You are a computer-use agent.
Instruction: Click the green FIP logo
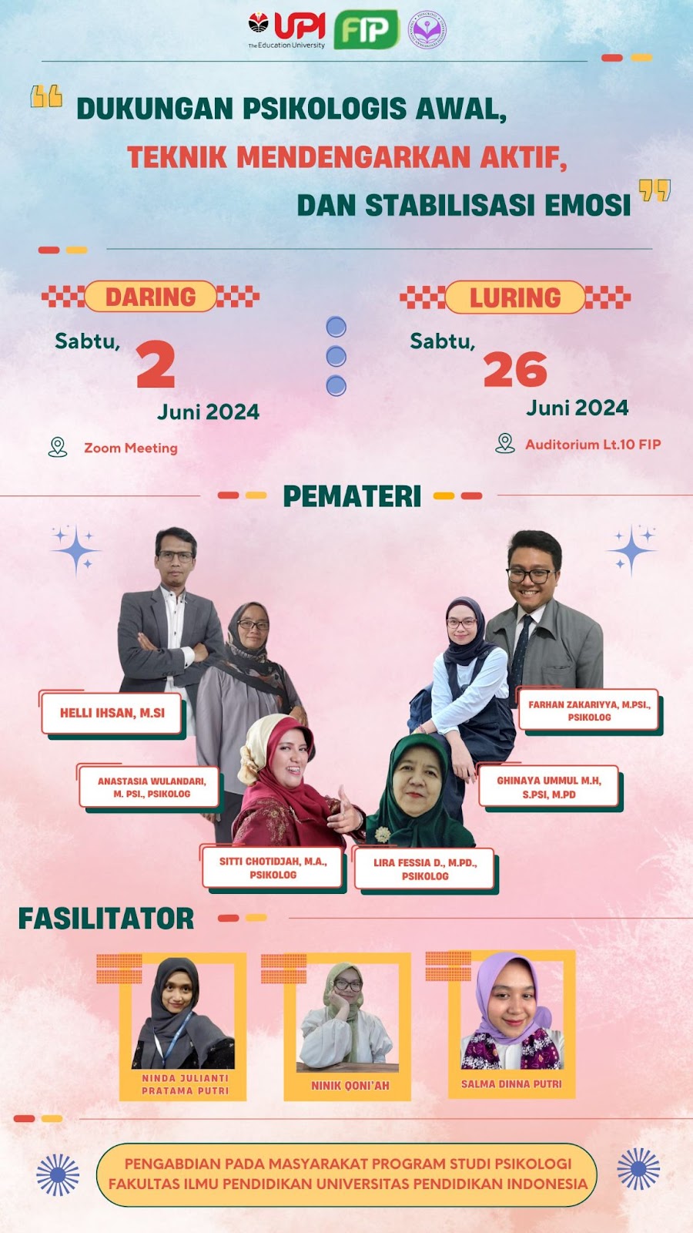[x=366, y=29]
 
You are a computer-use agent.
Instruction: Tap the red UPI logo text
[x=300, y=26]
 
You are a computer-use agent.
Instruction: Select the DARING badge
[x=151, y=297]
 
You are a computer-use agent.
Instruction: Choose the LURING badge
[x=515, y=297]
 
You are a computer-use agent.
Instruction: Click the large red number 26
[x=515, y=369]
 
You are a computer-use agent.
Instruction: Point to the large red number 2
[x=156, y=365]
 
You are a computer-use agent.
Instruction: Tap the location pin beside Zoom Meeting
[x=58, y=447]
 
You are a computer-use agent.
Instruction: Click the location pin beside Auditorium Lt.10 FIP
[x=505, y=443]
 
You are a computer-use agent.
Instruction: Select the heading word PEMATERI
[x=352, y=496]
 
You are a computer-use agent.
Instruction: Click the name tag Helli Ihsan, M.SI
[x=112, y=714]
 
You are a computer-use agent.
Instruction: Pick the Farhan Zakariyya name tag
[x=589, y=710]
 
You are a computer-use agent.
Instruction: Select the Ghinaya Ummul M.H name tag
[x=549, y=787]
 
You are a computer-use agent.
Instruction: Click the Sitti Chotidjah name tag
[x=273, y=868]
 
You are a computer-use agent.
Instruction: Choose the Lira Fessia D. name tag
[x=424, y=868]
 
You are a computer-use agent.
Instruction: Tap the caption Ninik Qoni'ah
[x=350, y=1086]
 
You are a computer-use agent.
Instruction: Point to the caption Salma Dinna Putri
[x=511, y=1083]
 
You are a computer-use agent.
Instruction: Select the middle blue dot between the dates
[x=336, y=356]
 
